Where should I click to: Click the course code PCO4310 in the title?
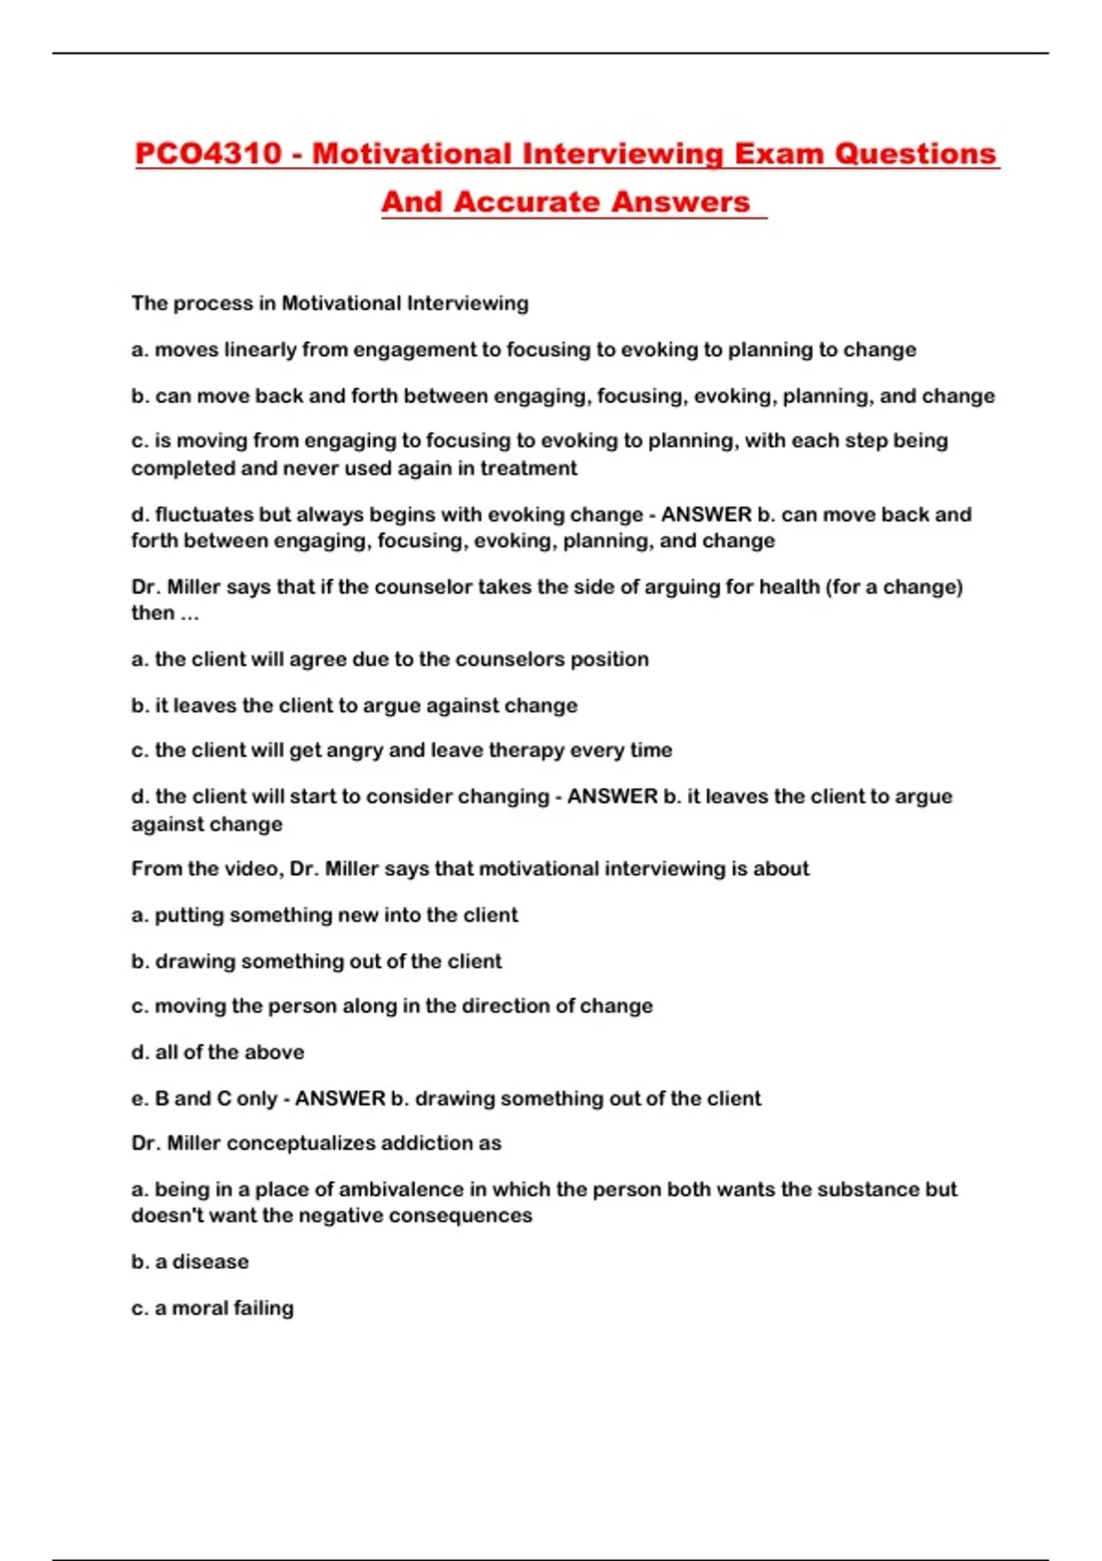[208, 153]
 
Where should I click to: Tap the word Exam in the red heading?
[777, 153]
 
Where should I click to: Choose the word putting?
[189, 915]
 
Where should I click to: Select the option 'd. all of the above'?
[218, 1052]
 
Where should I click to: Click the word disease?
[210, 1262]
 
